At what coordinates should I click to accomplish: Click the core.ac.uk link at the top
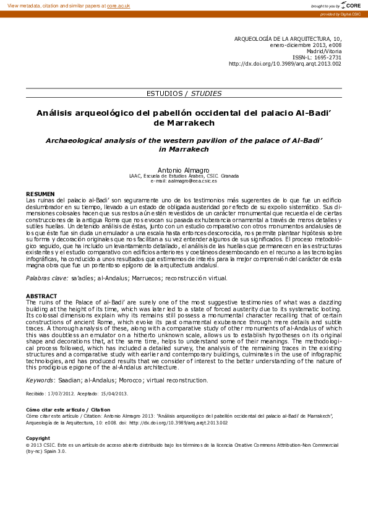tap(118, 5)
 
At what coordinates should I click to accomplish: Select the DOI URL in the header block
tap(285, 64)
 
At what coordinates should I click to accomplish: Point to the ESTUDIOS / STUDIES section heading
tap(184, 93)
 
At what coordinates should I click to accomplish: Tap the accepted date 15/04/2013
tap(115, 393)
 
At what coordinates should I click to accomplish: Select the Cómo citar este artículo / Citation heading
tap(67, 410)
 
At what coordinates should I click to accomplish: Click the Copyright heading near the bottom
tap(38, 438)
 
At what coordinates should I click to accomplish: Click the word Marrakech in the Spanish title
tap(184, 123)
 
